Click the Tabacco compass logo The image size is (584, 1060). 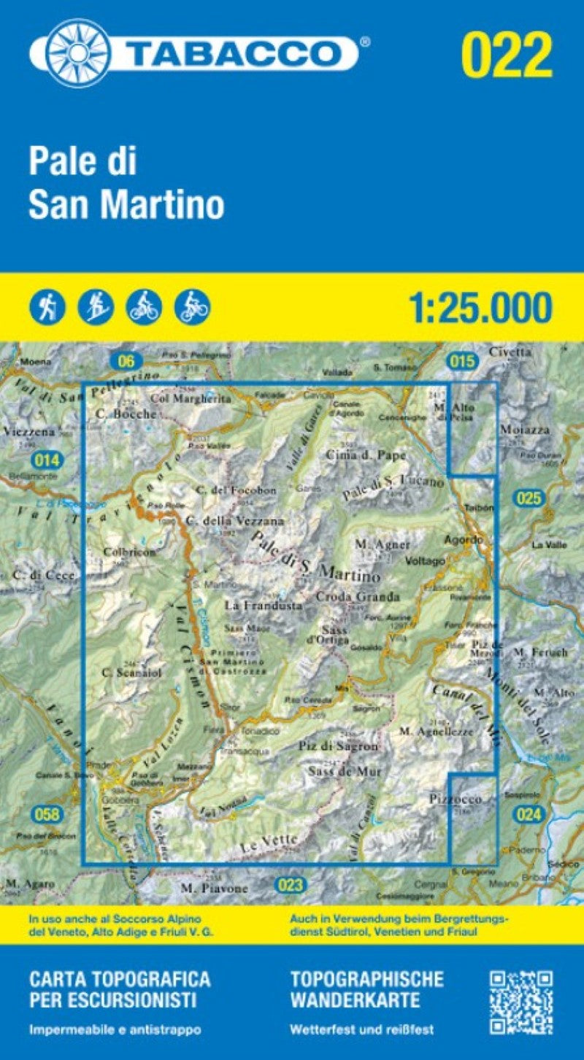coord(79,53)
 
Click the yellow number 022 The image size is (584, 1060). coord(507,55)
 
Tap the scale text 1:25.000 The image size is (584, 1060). coord(480,307)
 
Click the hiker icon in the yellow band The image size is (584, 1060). coord(47,307)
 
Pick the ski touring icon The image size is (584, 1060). coord(96,307)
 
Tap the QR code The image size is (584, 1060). coord(520,1001)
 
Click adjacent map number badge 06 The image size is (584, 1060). coord(126,360)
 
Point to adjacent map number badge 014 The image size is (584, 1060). coord(47,460)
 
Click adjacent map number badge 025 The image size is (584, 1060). coord(528,499)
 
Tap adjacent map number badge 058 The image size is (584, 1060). coord(47,814)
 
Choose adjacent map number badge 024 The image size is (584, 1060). coord(527,814)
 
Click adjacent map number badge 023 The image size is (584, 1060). coord(291,886)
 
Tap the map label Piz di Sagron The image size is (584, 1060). coord(339,746)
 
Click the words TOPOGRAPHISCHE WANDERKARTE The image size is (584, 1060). coord(366,989)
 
